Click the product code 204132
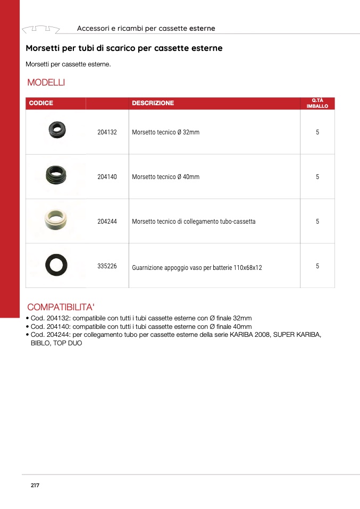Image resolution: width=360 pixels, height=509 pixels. pyautogui.click(x=107, y=132)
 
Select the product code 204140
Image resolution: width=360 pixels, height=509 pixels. pyautogui.click(x=107, y=177)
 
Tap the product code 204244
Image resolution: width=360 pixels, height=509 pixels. pyautogui.click(x=107, y=222)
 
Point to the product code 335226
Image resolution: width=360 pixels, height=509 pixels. pyautogui.click(x=107, y=266)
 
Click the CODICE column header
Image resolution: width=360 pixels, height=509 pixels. pyautogui.click(x=41, y=103)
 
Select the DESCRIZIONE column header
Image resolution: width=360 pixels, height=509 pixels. pyautogui.click(x=153, y=103)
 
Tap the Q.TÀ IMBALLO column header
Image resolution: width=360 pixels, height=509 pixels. pyautogui.click(x=317, y=103)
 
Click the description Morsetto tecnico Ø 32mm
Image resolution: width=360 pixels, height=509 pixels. pyautogui.click(x=165, y=132)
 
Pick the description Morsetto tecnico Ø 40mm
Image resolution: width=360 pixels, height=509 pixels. pyautogui.click(x=165, y=177)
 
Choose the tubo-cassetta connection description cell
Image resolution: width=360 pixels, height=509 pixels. pyautogui.click(x=194, y=222)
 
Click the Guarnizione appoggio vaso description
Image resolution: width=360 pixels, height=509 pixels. pyautogui.click(x=197, y=268)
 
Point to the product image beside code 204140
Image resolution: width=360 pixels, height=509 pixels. pyautogui.click(x=55, y=175)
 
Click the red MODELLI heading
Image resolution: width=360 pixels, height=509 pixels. pyautogui.click(x=46, y=82)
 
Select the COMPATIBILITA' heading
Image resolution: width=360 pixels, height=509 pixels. pyautogui.click(x=61, y=307)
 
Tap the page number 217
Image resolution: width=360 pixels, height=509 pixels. pyautogui.click(x=35, y=486)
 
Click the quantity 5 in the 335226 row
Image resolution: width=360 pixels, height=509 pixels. pyautogui.click(x=317, y=266)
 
